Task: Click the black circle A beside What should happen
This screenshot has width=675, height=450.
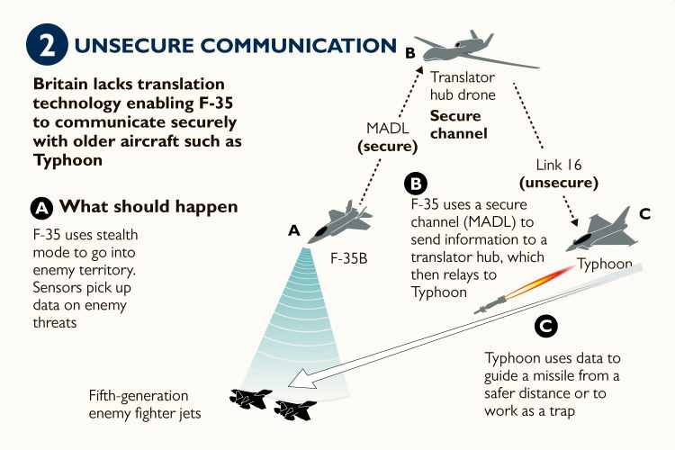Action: (42, 208)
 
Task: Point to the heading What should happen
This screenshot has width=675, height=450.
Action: (148, 207)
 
